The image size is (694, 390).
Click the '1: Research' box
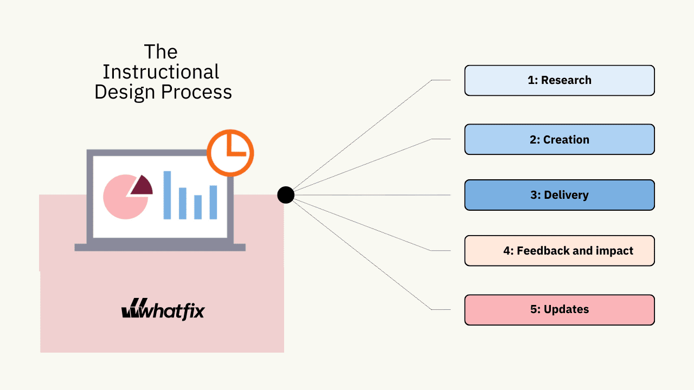tap(559, 80)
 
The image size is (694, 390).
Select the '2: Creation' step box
tap(559, 139)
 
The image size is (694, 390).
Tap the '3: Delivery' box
tap(559, 195)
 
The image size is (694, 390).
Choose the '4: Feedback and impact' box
tap(559, 251)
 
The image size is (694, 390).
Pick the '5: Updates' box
tap(559, 310)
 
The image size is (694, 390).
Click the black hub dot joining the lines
tap(286, 195)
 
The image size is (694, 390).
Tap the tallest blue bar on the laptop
tap(167, 195)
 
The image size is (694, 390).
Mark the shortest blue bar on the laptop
tap(198, 207)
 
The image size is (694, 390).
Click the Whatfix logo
tap(163, 309)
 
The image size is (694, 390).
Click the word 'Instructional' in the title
tap(161, 71)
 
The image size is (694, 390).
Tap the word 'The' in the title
tap(161, 52)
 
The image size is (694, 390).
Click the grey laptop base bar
tap(160, 248)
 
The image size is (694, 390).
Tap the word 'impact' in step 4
tap(614, 251)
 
